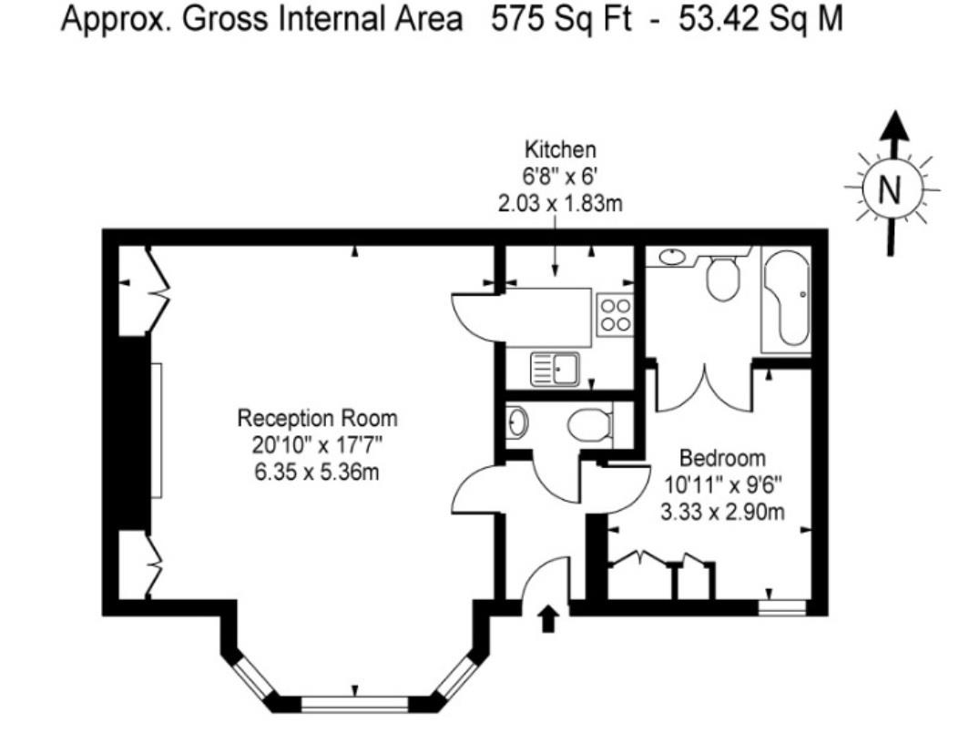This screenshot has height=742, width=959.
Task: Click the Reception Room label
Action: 317,419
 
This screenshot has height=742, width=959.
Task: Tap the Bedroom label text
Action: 722,457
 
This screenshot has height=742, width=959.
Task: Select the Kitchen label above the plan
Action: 559,149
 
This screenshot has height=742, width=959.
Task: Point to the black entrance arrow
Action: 548,620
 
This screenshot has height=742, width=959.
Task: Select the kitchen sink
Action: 556,368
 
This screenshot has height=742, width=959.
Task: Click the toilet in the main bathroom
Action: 725,279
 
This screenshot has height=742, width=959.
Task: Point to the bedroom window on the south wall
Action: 783,607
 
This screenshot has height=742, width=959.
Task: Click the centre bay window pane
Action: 355,704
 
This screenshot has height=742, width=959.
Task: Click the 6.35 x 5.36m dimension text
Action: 317,472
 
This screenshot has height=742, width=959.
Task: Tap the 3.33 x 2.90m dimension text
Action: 722,512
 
